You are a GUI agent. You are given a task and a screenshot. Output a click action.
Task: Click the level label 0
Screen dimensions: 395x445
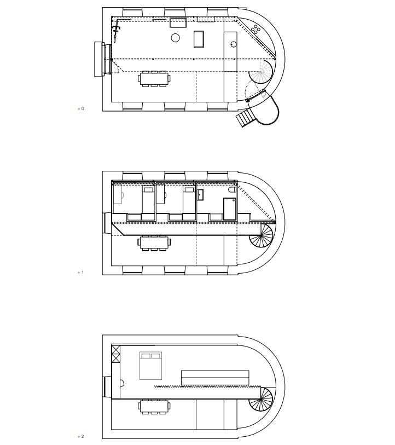83,108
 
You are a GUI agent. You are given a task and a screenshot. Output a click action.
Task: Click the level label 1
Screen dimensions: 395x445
83,272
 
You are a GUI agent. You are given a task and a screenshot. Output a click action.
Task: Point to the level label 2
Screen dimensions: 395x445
83,436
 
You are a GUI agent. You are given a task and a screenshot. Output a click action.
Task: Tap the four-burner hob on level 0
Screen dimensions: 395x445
256,29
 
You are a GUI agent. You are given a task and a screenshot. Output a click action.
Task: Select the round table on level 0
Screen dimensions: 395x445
176,38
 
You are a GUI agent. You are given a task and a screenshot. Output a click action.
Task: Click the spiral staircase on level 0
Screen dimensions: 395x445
261,72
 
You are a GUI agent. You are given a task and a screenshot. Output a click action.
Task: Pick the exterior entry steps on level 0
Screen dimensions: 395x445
246,118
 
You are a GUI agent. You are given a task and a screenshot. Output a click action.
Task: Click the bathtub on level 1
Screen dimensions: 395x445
230,209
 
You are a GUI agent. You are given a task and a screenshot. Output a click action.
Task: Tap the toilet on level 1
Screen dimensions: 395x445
232,190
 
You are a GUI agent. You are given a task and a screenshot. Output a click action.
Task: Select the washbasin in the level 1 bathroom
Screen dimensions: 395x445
200,195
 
